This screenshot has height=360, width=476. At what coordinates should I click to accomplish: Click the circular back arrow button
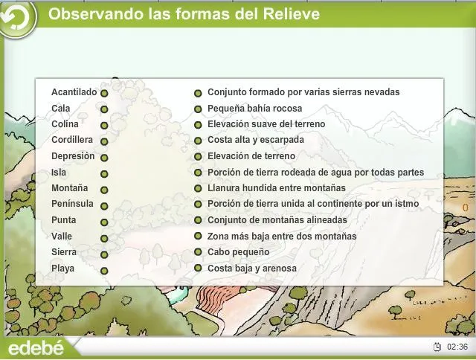click(x=19, y=18)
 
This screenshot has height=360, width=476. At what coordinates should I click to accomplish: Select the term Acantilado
click(x=74, y=92)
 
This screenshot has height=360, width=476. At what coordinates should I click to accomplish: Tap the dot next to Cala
click(x=104, y=109)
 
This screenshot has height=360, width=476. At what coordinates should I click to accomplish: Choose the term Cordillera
click(x=71, y=140)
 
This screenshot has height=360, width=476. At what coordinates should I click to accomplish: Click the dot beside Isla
click(x=104, y=173)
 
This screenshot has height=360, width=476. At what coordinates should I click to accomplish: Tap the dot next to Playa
click(x=104, y=271)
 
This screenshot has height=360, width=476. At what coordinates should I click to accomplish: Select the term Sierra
click(x=63, y=252)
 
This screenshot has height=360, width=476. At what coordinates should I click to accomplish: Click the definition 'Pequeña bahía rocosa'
click(x=254, y=109)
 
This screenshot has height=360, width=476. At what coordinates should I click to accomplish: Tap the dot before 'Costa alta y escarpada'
click(x=198, y=141)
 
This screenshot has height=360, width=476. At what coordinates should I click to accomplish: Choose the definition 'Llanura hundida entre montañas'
click(x=276, y=188)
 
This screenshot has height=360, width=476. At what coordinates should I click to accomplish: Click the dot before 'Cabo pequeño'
click(x=198, y=253)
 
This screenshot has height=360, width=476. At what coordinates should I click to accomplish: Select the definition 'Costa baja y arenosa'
click(x=251, y=269)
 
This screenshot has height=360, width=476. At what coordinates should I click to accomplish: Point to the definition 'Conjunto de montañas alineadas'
click(x=277, y=220)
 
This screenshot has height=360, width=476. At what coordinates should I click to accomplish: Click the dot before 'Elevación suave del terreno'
click(x=198, y=125)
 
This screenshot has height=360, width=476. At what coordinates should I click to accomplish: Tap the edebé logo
click(x=36, y=348)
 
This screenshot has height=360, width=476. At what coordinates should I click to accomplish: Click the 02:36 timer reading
click(x=457, y=347)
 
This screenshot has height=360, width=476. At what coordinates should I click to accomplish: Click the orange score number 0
click(x=465, y=207)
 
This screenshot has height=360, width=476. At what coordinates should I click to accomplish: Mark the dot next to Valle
click(x=104, y=238)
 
